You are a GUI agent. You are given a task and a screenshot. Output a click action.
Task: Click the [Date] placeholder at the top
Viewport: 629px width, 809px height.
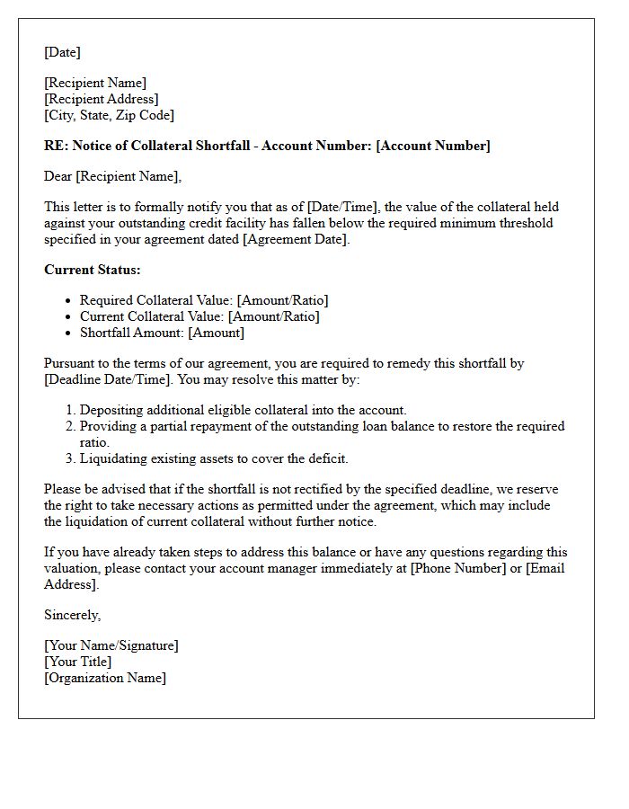tap(62, 52)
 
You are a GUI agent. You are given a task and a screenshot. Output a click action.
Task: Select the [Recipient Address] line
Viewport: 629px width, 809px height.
tap(102, 99)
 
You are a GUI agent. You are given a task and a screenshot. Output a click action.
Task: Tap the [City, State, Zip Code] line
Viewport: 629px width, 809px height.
tap(109, 115)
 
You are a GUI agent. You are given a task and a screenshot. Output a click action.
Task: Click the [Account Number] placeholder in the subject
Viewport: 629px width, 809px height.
tap(434, 146)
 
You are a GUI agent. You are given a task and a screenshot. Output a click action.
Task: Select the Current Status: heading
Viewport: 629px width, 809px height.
tap(93, 270)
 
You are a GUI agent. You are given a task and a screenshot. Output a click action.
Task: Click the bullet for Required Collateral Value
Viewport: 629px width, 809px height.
tap(69, 300)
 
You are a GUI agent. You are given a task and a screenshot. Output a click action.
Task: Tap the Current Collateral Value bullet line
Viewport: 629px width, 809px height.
tap(199, 316)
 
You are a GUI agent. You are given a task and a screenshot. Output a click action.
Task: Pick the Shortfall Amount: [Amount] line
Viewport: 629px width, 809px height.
tap(162, 333)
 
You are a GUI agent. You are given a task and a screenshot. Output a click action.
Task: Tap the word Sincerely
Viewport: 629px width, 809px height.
tap(72, 615)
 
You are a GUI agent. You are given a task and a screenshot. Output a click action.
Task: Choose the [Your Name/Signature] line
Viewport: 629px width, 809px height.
tap(111, 645)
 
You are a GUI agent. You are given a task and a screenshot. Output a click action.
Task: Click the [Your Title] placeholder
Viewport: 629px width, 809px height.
tap(78, 662)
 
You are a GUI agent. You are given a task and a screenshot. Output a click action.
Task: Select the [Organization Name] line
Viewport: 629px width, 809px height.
tap(105, 678)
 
